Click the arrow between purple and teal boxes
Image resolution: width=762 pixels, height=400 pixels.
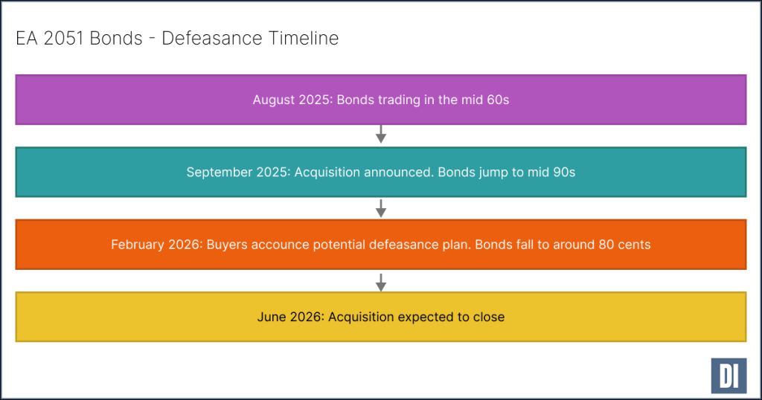point(381,135)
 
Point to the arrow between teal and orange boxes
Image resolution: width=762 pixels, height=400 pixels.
point(381,207)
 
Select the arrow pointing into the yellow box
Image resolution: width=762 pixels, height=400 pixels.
point(381,281)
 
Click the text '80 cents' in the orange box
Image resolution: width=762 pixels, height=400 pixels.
point(624,245)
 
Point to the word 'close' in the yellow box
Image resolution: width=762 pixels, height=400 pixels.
point(488,317)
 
